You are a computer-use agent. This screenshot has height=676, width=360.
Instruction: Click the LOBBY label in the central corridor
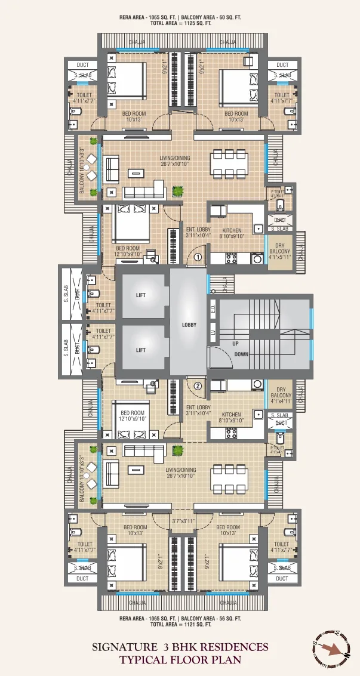[189, 324]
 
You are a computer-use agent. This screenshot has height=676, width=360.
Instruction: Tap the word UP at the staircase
[236, 344]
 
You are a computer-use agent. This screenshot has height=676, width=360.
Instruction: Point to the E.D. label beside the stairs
[213, 310]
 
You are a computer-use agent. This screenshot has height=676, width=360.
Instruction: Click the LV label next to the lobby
[213, 333]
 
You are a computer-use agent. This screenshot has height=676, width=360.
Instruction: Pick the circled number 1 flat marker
[198, 258]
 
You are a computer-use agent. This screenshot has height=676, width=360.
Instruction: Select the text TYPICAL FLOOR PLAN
[180, 659]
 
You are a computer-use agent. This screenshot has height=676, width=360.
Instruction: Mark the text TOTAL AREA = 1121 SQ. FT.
[180, 624]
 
